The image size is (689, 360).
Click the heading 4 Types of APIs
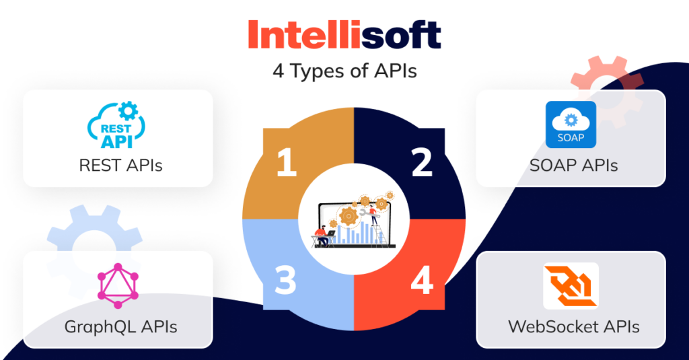pos(344,71)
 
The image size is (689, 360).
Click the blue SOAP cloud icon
pos(571,125)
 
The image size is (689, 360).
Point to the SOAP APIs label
pos(571,164)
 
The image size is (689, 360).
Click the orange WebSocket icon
pos(571,287)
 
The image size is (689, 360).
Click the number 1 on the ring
pos(286,164)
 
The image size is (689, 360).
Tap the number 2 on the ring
pos(422,164)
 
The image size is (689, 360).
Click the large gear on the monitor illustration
pos(348,215)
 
